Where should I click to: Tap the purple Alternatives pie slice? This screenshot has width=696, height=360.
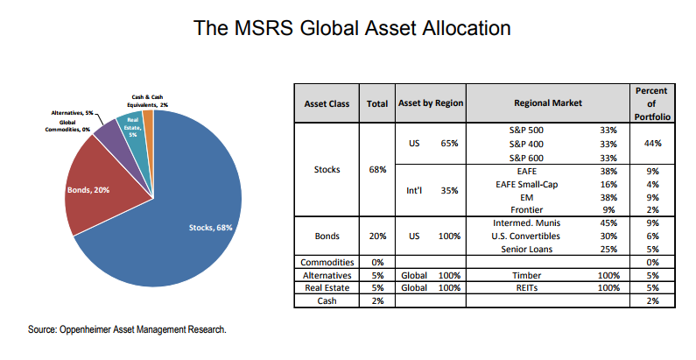click(109, 134)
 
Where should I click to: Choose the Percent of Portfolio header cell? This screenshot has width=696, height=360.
click(650, 103)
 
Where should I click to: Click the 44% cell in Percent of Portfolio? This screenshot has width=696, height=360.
click(650, 143)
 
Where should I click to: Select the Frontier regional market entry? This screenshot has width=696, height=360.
click(530, 210)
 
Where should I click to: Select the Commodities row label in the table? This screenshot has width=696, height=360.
click(326, 261)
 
